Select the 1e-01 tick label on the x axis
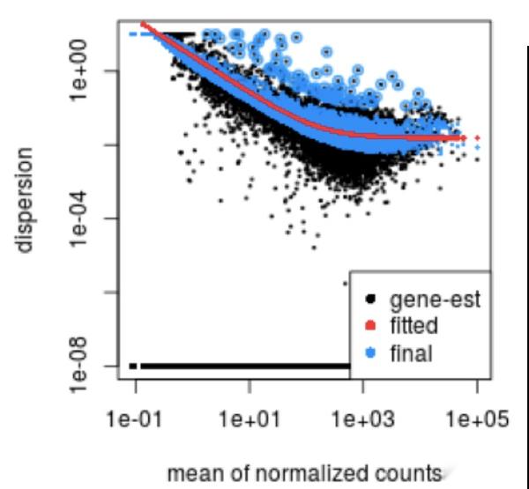click(x=137, y=418)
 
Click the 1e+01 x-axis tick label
click(x=250, y=418)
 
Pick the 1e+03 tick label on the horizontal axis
click(x=363, y=418)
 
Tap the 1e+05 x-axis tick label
click(x=477, y=418)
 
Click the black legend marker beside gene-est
click(x=371, y=300)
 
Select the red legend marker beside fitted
click(x=371, y=327)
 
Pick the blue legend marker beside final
click(x=371, y=354)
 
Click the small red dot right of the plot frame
click(x=477, y=137)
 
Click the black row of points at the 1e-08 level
click(x=247, y=366)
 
